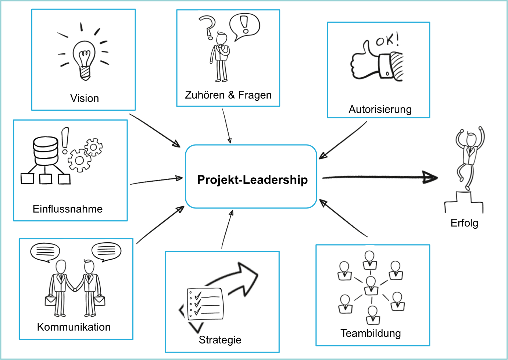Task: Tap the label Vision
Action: click(85, 99)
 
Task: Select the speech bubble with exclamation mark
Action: click(244, 26)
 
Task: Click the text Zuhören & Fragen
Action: click(228, 95)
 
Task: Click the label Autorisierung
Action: click(380, 110)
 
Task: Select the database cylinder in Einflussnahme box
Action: click(46, 151)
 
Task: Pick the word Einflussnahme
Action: click(68, 209)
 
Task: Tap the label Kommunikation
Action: click(74, 327)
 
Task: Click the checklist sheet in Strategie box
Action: click(205, 304)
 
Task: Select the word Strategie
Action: click(220, 340)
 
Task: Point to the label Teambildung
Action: click(371, 334)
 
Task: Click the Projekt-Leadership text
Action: click(253, 180)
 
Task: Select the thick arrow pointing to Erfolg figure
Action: click(379, 178)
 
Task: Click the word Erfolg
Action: click(464, 223)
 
